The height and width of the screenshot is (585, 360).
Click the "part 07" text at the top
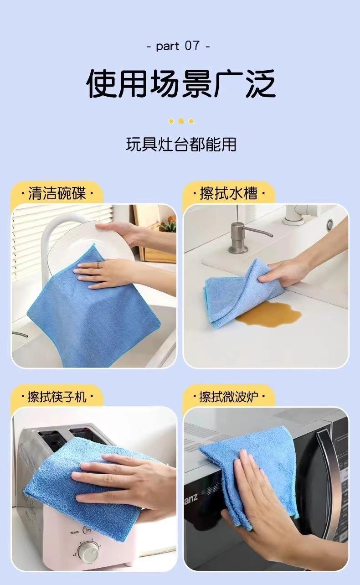(179, 46)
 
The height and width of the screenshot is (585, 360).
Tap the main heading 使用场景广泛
(180, 83)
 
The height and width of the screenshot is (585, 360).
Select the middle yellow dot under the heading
(181, 121)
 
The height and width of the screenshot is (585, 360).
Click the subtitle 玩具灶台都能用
(181, 144)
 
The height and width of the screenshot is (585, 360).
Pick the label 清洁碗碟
(57, 193)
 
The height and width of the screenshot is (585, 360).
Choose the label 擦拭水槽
(229, 193)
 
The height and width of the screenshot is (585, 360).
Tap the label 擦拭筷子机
(57, 397)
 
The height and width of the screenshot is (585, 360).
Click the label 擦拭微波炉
(229, 397)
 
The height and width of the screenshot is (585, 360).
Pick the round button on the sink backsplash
(330, 223)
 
